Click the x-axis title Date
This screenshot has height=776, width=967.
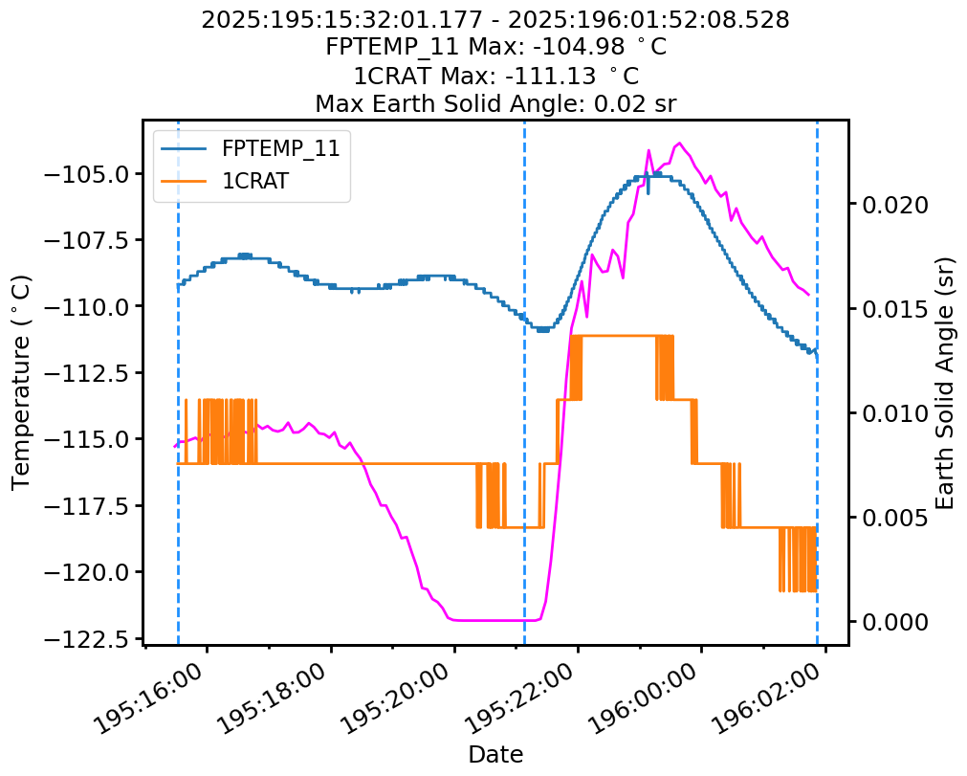pyautogui.click(x=495, y=754)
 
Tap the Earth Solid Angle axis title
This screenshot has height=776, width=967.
pyautogui.click(x=945, y=382)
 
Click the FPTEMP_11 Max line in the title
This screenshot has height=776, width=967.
pyautogui.click(x=495, y=48)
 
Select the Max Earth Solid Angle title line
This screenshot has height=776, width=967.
pyautogui.click(x=495, y=103)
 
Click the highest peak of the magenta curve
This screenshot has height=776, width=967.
pyautogui.click(x=680, y=144)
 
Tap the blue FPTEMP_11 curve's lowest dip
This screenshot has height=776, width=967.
pyautogui.click(x=543, y=329)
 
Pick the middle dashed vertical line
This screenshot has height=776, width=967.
pyautogui.click(x=524, y=383)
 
